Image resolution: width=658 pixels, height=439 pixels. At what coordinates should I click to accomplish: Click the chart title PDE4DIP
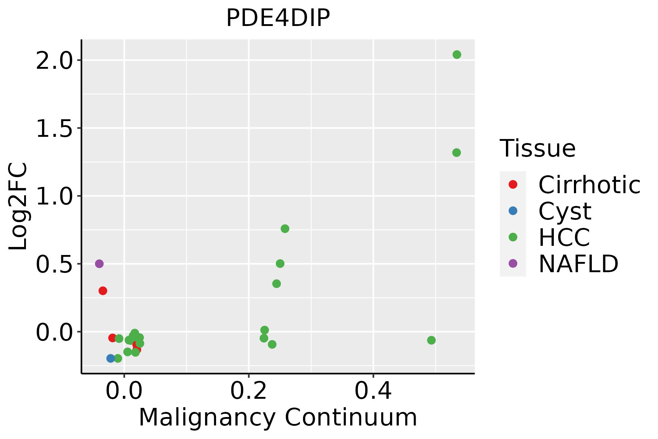(x=278, y=18)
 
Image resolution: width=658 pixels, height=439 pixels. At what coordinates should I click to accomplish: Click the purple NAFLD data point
(x=99, y=263)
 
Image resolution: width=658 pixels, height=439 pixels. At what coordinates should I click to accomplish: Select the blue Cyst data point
(x=111, y=358)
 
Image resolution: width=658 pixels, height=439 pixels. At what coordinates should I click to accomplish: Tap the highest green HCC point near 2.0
(x=457, y=55)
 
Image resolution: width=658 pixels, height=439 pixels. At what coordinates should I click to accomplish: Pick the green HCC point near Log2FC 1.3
(x=456, y=153)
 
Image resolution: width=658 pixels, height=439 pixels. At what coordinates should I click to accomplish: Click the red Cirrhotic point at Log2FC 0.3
(x=103, y=291)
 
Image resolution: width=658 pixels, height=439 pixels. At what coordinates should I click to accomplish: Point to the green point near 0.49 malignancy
(x=431, y=340)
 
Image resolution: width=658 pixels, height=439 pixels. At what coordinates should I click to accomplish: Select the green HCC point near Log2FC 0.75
(x=285, y=229)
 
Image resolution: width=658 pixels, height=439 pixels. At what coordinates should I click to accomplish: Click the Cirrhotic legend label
(x=589, y=185)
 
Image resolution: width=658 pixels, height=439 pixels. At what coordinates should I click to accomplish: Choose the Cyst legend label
(x=565, y=211)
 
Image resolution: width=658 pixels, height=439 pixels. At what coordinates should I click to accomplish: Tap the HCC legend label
(x=564, y=237)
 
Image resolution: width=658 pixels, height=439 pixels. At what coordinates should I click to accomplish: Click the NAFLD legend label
(x=578, y=264)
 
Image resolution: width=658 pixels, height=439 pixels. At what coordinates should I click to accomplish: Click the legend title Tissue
(x=537, y=149)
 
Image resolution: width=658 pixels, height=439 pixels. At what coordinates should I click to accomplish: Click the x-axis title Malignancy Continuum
(x=278, y=418)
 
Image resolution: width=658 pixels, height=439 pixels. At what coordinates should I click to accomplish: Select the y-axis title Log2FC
(x=18, y=206)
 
